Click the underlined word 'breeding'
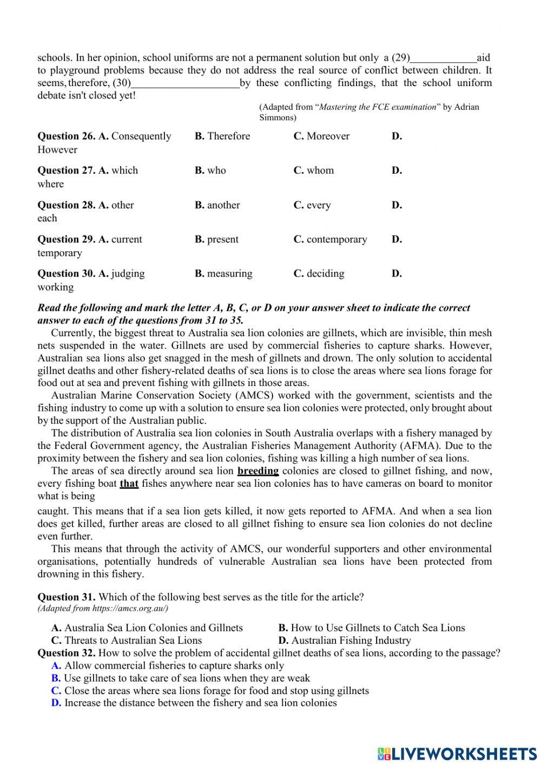tap(258, 471)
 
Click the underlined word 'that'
tap(129, 483)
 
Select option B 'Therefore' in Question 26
tap(222, 136)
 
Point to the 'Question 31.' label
tap(67, 597)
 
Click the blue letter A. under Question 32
tap(56, 665)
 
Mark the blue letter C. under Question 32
tap(56, 691)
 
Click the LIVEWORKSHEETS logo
tap(457, 753)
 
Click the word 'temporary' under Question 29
tap(60, 253)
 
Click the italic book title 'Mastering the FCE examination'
tap(378, 107)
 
